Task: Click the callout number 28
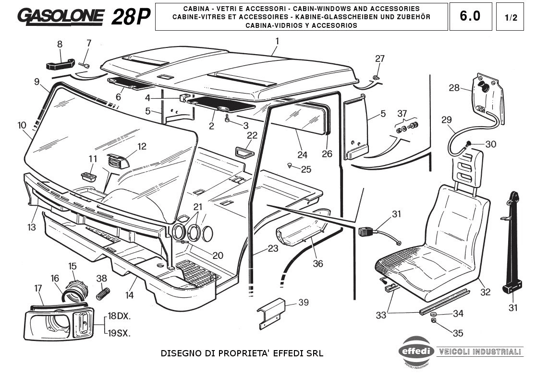(x=454, y=88)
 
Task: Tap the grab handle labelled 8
(x=60, y=63)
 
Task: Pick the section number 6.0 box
(x=470, y=16)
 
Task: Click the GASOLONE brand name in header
(x=61, y=16)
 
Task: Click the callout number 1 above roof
(x=277, y=41)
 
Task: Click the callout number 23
(x=273, y=249)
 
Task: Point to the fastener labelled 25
(x=290, y=164)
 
